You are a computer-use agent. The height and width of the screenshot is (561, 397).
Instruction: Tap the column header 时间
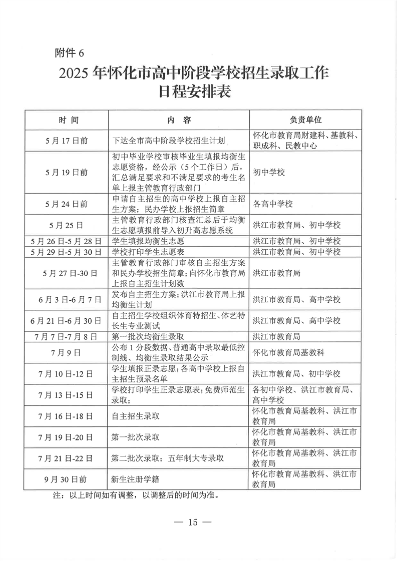68,120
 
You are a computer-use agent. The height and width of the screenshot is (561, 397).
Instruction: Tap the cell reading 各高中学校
273,204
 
